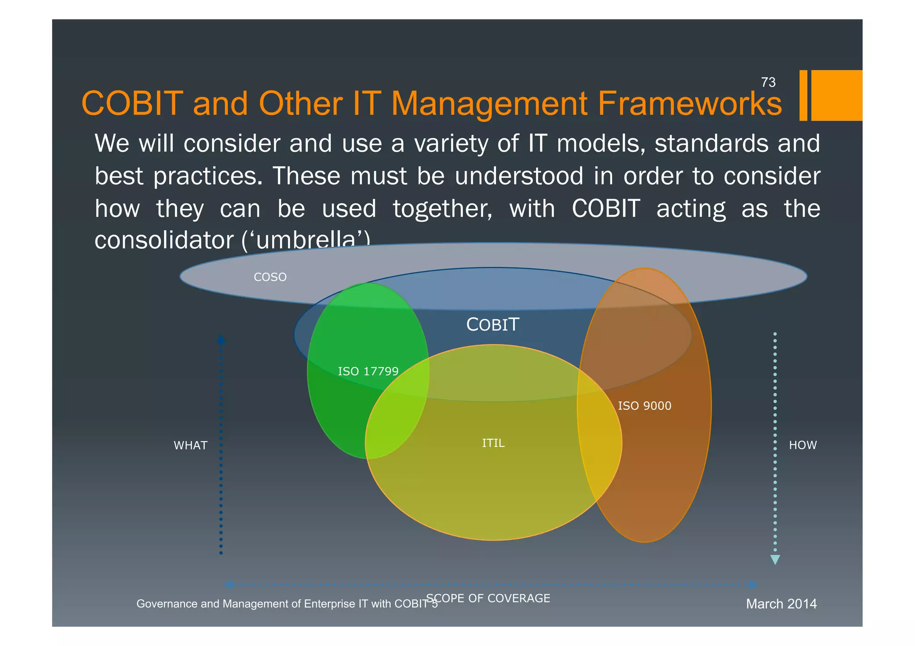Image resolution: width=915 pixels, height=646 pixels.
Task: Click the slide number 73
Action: click(768, 82)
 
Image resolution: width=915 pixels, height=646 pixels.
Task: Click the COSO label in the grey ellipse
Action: click(270, 277)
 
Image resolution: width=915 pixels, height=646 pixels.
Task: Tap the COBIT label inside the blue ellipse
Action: click(492, 325)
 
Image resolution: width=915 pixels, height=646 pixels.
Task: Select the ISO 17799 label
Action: click(368, 371)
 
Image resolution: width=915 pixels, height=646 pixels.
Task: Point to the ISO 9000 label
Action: click(644, 406)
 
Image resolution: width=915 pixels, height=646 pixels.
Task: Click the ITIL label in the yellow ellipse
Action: click(493, 443)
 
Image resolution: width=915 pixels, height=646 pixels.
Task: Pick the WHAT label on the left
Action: click(190, 446)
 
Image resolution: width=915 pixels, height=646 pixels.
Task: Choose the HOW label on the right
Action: click(802, 445)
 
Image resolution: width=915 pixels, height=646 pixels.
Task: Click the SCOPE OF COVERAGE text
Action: click(488, 598)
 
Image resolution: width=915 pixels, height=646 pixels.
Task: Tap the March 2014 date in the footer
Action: click(781, 604)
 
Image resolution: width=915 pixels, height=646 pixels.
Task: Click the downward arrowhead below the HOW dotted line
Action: click(775, 559)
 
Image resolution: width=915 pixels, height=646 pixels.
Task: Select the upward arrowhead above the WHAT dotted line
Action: click(221, 339)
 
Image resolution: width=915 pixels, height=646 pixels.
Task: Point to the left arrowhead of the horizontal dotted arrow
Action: click(229, 584)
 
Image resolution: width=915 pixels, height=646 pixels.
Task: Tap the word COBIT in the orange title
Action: click(132, 104)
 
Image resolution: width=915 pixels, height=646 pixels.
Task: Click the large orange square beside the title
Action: click(836, 95)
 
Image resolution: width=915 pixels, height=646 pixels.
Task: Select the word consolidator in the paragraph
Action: click(164, 240)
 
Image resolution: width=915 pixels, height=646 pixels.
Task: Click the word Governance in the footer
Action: click(167, 604)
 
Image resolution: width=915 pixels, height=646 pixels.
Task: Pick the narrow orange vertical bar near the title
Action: click(803, 95)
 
